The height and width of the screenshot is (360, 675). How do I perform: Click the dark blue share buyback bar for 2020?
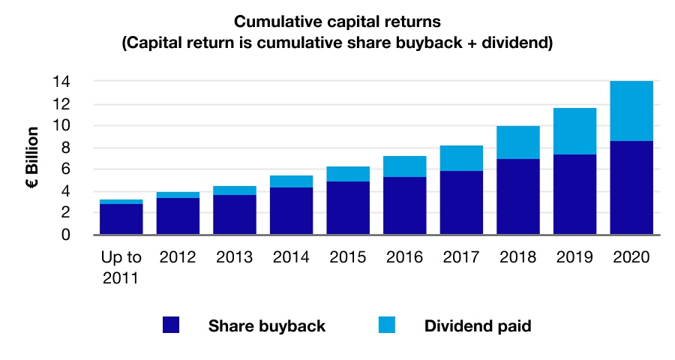[631, 187]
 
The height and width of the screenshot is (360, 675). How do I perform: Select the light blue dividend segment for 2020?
[631, 111]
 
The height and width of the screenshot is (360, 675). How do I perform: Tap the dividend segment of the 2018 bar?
[517, 142]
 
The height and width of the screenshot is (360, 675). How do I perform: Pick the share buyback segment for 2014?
[291, 211]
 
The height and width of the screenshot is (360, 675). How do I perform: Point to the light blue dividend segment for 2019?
[574, 131]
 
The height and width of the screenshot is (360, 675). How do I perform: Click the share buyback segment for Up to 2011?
[121, 219]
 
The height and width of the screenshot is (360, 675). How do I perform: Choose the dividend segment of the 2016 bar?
[404, 166]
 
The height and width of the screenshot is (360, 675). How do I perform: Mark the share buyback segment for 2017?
[461, 202]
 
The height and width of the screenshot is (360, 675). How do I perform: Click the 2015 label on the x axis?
[348, 256]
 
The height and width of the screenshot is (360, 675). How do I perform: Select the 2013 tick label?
[234, 256]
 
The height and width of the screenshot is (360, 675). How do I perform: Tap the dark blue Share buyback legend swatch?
[171, 325]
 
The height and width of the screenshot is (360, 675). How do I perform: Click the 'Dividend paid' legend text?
[478, 326]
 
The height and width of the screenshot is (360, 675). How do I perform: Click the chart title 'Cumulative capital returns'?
[337, 22]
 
